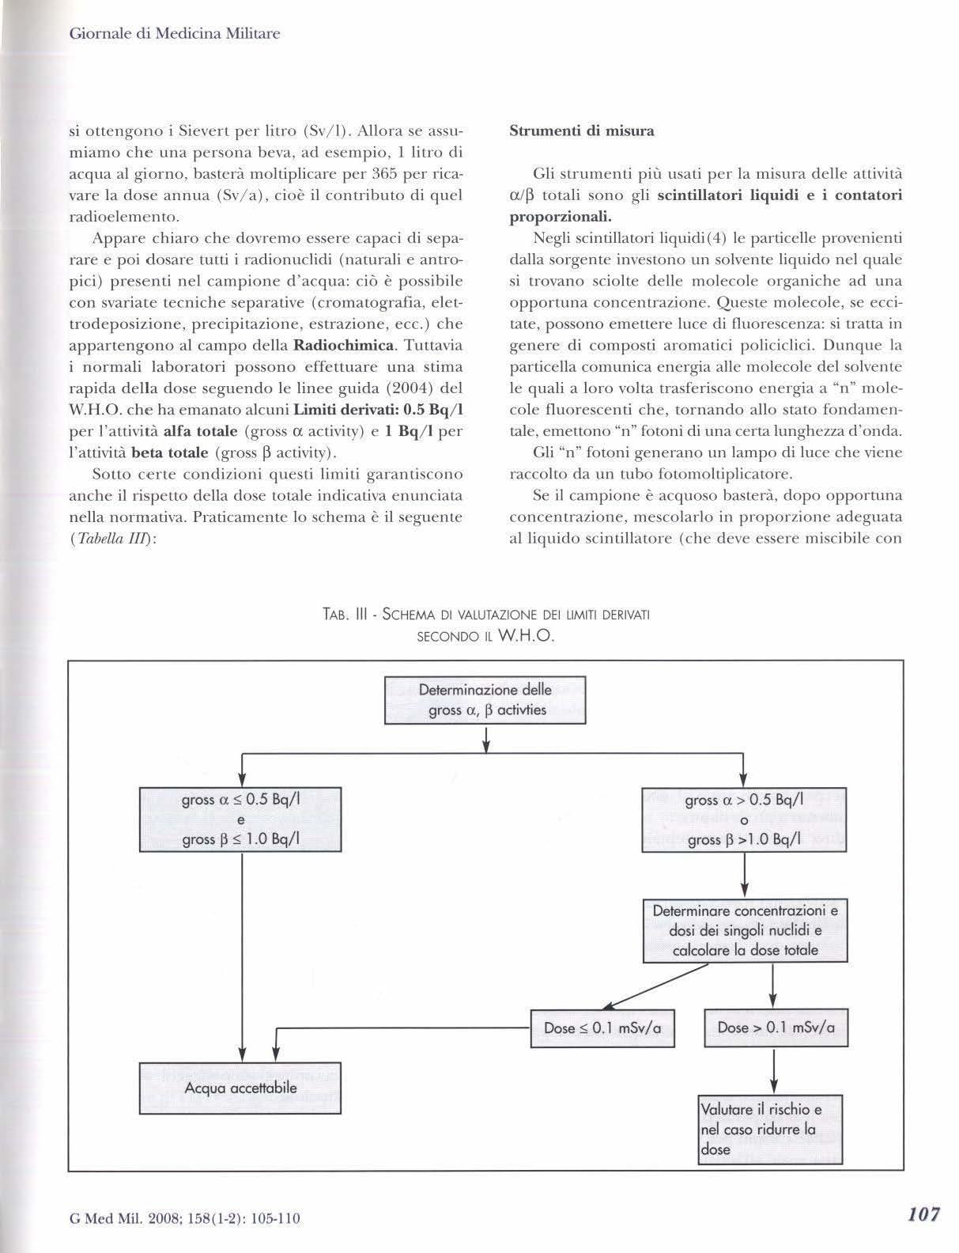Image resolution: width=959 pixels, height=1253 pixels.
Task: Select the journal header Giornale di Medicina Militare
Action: pos(176,34)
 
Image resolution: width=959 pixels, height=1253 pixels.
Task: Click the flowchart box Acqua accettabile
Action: pos(240,1088)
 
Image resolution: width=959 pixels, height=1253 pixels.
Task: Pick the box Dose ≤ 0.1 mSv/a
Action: pos(602,1028)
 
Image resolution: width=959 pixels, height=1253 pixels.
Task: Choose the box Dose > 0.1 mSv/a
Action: pos(776,1028)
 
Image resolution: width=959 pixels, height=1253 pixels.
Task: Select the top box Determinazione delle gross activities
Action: pos(485,699)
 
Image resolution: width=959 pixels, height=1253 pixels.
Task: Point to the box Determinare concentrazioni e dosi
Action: pos(745,930)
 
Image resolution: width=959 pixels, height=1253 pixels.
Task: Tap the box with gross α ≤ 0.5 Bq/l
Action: pos(240,819)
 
